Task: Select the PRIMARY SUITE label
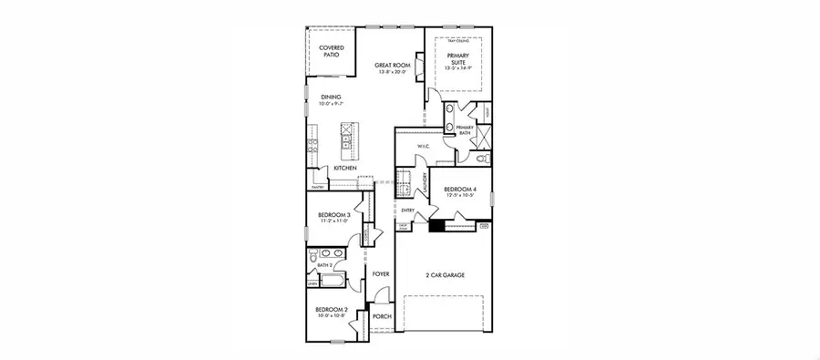click(457, 60)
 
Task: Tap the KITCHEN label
click(344, 168)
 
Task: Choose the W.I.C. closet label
click(423, 146)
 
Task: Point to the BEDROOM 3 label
click(329, 217)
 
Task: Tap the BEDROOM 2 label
click(328, 312)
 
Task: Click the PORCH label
click(381, 317)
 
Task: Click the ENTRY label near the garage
click(407, 211)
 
